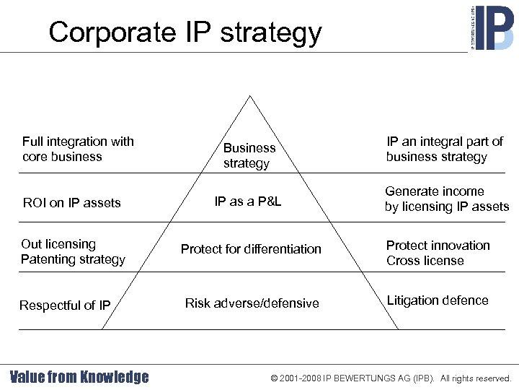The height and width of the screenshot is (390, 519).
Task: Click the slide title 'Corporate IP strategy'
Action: coord(185,32)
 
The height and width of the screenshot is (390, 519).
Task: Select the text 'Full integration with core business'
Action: coord(78,149)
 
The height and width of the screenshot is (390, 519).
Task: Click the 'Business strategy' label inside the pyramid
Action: coord(249,155)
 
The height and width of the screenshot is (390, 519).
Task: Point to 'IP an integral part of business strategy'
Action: coord(444,149)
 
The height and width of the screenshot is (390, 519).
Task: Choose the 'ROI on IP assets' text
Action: coord(71,203)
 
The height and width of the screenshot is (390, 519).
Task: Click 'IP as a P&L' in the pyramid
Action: coord(248,201)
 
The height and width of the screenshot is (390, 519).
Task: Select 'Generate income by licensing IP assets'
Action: coord(446,199)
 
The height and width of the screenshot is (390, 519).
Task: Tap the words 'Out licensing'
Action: coord(58,244)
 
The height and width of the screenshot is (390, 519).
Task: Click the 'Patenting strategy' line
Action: coord(73,259)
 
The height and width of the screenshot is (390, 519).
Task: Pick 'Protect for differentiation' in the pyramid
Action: coord(251,249)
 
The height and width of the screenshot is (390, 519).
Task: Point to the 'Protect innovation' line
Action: coord(438,246)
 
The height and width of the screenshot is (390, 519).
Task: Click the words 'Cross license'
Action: coord(425,261)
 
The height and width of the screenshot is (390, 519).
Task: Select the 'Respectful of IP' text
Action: coord(65,305)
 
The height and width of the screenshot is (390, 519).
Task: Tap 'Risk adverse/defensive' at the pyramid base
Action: coord(252,303)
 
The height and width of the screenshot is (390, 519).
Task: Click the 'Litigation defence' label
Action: coord(437,300)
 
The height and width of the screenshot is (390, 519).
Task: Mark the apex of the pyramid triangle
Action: coord(250,96)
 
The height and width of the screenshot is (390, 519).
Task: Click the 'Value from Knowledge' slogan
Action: coord(79,377)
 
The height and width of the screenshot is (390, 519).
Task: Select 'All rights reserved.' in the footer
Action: coord(476,378)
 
